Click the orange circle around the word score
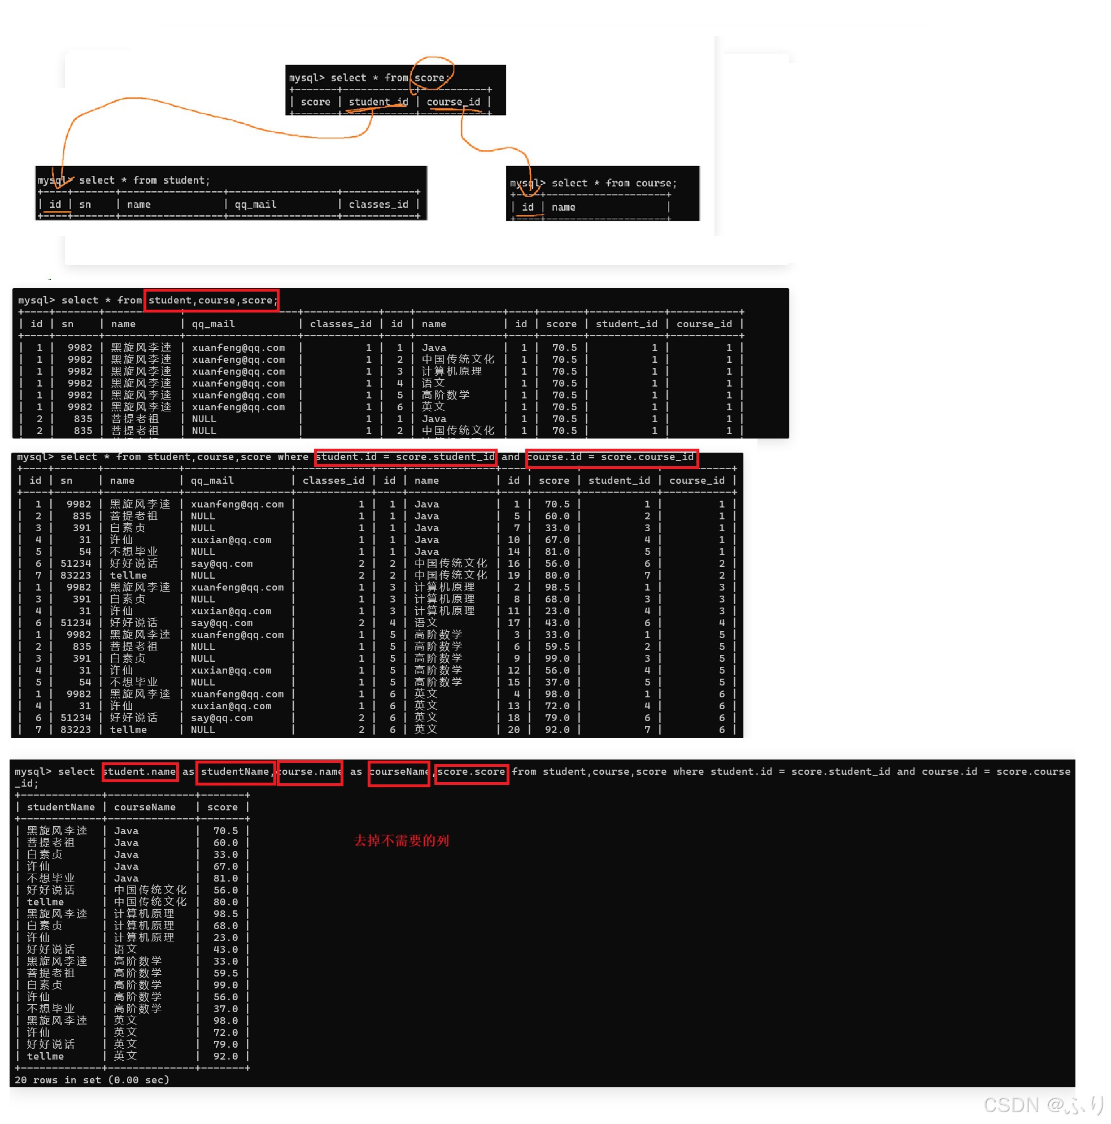pyautogui.click(x=432, y=73)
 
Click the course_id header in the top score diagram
pyautogui.click(x=454, y=102)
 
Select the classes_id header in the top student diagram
pyautogui.click(x=378, y=205)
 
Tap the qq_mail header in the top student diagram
pyautogui.click(x=255, y=205)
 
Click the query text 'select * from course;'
pyautogui.click(x=613, y=183)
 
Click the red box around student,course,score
pyautogui.click(x=211, y=300)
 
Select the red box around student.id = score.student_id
pyautogui.click(x=405, y=457)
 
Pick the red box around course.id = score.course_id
pyautogui.click(x=612, y=457)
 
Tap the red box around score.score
pyautogui.click(x=471, y=772)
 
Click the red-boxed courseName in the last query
pyautogui.click(x=398, y=772)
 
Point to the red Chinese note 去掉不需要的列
pyautogui.click(x=401, y=841)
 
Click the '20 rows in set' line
pyautogui.click(x=92, y=1080)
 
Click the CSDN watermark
pyautogui.click(x=1043, y=1105)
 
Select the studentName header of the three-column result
pyautogui.click(x=60, y=808)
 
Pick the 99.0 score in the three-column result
pyautogui.click(x=225, y=985)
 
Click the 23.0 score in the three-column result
pyautogui.click(x=225, y=938)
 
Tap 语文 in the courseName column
pyautogui.click(x=125, y=949)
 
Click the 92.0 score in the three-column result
pyautogui.click(x=225, y=1057)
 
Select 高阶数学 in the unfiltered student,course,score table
pyautogui.click(x=445, y=395)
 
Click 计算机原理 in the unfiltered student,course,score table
pyautogui.click(x=451, y=371)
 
